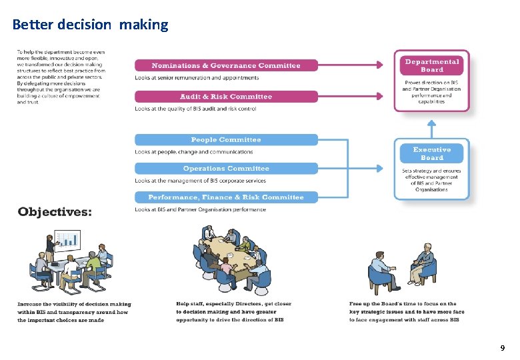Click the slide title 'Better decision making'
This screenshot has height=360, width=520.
click(x=90, y=25)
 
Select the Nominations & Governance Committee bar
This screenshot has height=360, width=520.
click(x=226, y=65)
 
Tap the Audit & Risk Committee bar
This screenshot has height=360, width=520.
click(x=226, y=97)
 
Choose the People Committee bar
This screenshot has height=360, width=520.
click(x=226, y=140)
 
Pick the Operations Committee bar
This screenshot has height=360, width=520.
click(x=226, y=169)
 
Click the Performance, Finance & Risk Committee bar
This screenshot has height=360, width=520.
click(x=226, y=197)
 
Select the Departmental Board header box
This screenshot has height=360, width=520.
click(x=431, y=65)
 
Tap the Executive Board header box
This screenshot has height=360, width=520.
click(x=431, y=154)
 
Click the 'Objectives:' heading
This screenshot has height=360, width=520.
click(x=55, y=212)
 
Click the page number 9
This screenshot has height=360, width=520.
click(x=502, y=347)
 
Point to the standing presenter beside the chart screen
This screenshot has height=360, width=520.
click(x=49, y=247)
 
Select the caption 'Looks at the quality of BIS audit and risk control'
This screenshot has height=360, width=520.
click(x=195, y=109)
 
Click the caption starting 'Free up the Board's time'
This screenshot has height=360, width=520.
click(x=407, y=312)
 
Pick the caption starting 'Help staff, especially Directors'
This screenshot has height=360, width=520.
click(x=233, y=312)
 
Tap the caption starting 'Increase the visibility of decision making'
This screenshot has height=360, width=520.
click(x=74, y=312)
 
